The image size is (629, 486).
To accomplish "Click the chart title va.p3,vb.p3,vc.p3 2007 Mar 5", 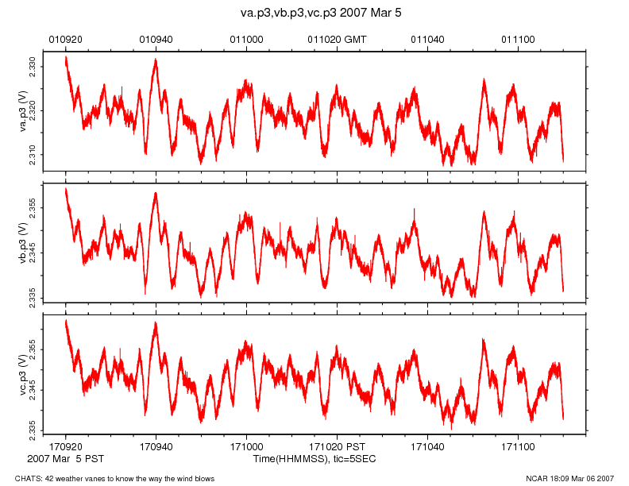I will [314, 13].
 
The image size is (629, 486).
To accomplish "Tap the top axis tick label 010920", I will [65, 39].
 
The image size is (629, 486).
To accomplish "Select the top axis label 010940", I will [156, 39].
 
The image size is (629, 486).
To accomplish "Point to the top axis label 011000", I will [246, 39].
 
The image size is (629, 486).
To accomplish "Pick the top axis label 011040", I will [427, 39].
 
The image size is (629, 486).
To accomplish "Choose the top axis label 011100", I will [518, 39].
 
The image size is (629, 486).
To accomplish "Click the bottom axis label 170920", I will [65, 448].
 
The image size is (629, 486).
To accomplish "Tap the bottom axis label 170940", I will [156, 448].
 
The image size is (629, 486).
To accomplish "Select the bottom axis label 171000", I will [246, 448].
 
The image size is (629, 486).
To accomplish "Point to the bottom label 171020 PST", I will [337, 448].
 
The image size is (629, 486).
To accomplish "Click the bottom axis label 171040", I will [427, 448].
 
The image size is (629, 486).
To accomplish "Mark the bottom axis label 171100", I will [518, 448].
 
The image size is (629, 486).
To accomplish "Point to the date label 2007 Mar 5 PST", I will [65, 459].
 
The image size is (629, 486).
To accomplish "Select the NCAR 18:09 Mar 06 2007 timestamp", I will [570, 478].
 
